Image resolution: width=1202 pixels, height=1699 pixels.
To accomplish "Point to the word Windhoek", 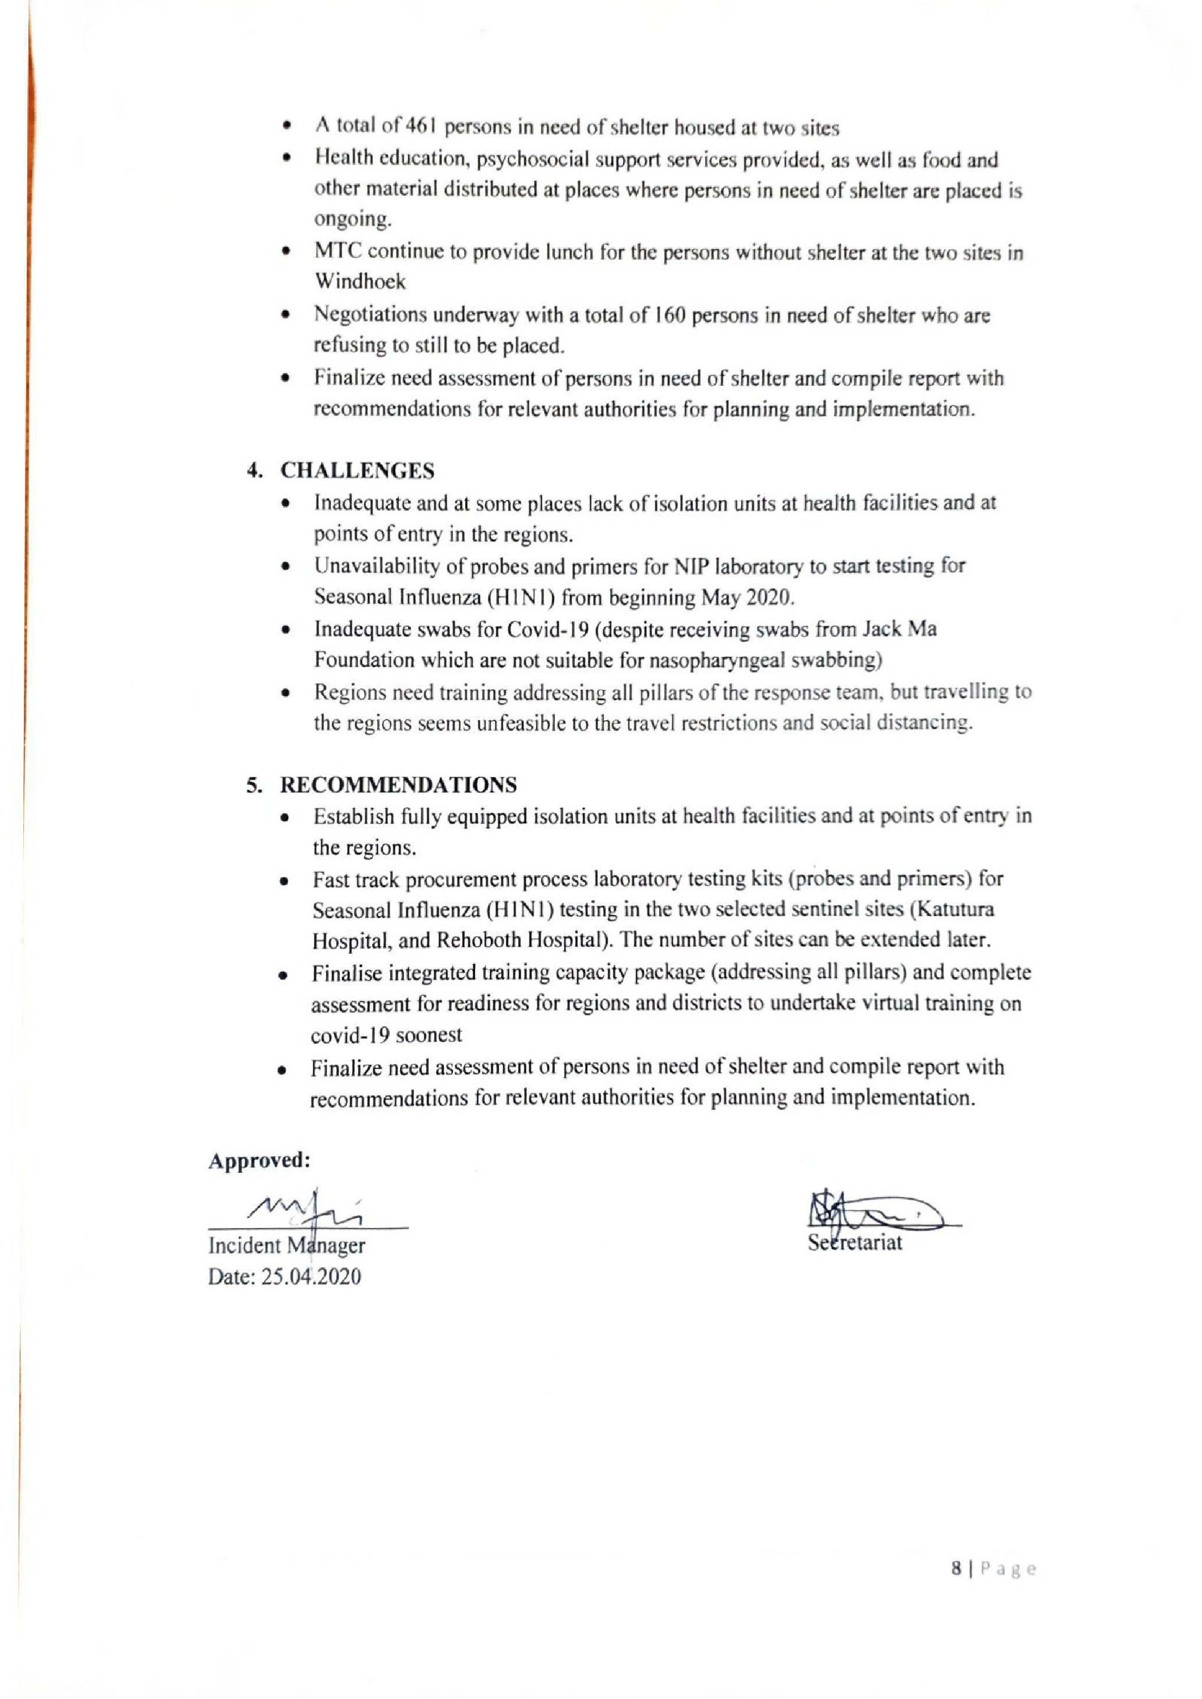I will pyautogui.click(x=360, y=281).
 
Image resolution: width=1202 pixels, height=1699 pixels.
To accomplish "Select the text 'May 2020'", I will pyautogui.click(x=741, y=596).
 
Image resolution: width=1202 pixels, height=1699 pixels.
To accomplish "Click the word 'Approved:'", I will pyautogui.click(x=259, y=1160).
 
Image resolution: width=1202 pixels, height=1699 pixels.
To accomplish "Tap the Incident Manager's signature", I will pyautogui.click(x=305, y=1210).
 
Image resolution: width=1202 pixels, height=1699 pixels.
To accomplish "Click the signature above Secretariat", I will pyautogui.click(x=873, y=1212).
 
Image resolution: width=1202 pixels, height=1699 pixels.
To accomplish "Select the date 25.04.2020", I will pyautogui.click(x=311, y=1276).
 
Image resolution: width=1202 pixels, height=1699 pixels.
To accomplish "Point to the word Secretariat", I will pyautogui.click(x=855, y=1243).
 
